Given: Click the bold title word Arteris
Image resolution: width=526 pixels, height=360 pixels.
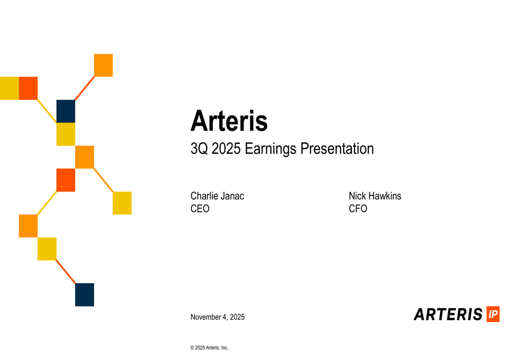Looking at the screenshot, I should click(x=229, y=121).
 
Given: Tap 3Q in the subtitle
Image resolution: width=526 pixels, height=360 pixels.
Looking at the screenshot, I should click(x=199, y=149).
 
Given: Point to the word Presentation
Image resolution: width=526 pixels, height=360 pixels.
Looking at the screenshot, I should click(x=337, y=149).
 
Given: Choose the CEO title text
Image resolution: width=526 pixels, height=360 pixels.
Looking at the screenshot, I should click(x=200, y=209).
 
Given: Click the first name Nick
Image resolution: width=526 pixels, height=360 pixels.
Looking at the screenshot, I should click(x=357, y=196).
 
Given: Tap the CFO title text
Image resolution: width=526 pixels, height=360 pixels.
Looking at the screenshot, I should click(x=358, y=209).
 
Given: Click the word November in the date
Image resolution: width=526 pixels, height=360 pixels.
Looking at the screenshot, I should click(x=206, y=317).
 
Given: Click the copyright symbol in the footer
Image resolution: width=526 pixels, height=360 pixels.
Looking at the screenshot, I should click(x=192, y=348).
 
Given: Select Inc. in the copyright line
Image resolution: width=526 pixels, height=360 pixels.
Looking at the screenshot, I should click(x=224, y=348).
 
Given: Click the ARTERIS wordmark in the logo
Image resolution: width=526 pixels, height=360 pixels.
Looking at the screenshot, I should click(x=448, y=314).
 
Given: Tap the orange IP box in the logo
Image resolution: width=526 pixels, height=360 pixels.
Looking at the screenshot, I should click(x=493, y=314).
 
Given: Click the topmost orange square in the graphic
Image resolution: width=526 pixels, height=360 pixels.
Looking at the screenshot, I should click(x=103, y=65).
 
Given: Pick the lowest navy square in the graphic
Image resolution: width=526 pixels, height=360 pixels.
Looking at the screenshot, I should click(x=85, y=294).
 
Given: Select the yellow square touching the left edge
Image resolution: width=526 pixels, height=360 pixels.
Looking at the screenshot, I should click(x=9, y=88).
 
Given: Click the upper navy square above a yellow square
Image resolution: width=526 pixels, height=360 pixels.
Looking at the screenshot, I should click(x=66, y=111).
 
